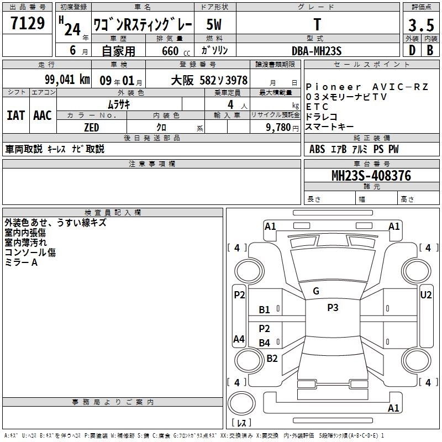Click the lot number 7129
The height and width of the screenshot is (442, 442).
[x=27, y=23]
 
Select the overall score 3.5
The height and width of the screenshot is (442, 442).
[x=420, y=25]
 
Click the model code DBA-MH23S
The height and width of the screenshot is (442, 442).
[x=317, y=51]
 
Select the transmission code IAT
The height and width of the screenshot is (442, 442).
[x=15, y=115]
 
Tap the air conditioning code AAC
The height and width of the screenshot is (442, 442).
[x=42, y=115]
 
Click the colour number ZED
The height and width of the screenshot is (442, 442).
[x=91, y=128]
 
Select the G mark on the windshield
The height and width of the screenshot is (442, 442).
[x=316, y=291]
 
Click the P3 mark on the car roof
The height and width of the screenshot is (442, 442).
[x=333, y=308]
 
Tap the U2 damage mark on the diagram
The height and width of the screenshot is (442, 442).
[x=426, y=295]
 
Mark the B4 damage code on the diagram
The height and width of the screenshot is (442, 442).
[x=265, y=343]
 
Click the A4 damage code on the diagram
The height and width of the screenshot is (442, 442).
[x=239, y=339]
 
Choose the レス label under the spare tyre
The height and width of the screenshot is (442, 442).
[x=241, y=423]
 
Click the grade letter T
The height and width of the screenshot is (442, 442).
[x=317, y=25]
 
